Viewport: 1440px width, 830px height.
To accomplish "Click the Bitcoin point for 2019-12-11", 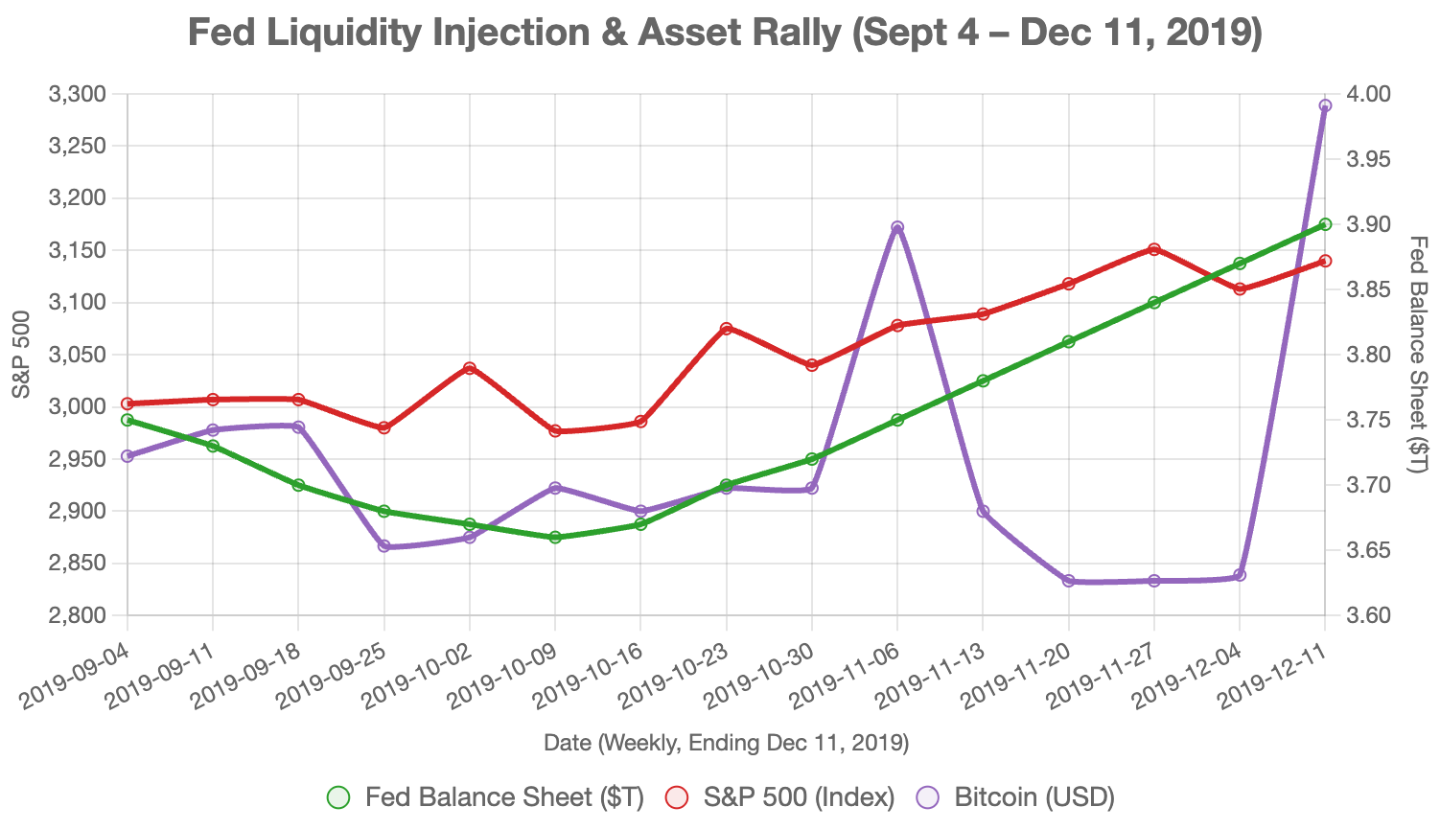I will tap(1325, 106).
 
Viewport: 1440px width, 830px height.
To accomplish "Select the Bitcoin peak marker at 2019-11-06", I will tap(897, 228).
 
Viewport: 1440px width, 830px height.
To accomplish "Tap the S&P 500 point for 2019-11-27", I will tap(1154, 249).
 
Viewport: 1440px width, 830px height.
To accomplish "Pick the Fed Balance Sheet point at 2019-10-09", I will tap(555, 538).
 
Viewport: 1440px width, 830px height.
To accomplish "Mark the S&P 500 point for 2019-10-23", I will tap(727, 329).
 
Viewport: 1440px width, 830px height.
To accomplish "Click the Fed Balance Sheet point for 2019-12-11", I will tap(1325, 224).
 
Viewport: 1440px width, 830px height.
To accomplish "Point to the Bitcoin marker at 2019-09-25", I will tap(384, 546).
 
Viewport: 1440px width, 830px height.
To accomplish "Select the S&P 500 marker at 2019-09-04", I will tap(128, 403).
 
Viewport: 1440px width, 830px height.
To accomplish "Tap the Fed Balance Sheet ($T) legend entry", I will tap(486, 797).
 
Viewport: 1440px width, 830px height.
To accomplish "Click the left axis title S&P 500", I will tap(21, 355).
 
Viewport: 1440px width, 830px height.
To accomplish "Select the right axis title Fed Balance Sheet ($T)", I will tap(1419, 355).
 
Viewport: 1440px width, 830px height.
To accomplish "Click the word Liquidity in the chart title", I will tap(346, 34).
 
